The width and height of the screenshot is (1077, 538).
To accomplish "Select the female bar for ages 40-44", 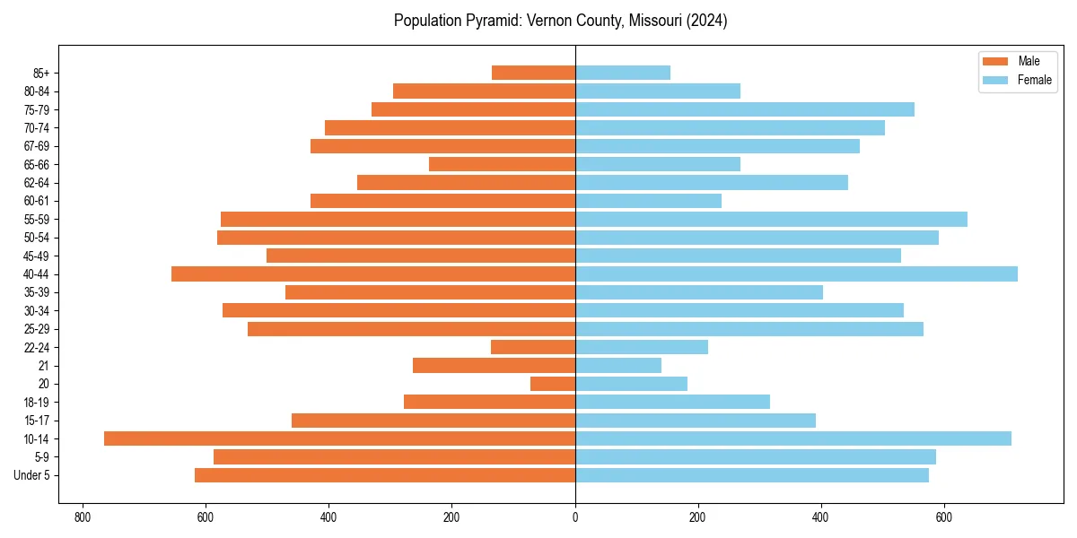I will click(x=796, y=273).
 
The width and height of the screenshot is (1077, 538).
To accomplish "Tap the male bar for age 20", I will click(x=553, y=384).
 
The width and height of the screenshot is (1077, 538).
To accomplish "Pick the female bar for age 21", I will click(x=618, y=365).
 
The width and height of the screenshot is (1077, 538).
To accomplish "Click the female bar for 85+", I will click(x=623, y=73).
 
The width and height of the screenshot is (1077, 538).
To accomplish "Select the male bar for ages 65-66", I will click(x=502, y=164).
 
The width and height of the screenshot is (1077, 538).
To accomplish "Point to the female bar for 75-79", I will click(x=745, y=109).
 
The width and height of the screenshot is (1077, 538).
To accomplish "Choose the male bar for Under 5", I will click(x=385, y=475).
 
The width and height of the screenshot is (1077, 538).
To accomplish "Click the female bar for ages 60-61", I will click(x=648, y=201).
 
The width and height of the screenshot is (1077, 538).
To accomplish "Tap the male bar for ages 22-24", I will click(x=533, y=347).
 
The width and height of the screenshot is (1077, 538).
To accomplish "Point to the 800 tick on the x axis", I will click(x=83, y=517).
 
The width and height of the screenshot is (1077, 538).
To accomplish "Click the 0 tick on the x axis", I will click(x=575, y=517).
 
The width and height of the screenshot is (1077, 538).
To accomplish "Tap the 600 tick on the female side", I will click(x=944, y=517).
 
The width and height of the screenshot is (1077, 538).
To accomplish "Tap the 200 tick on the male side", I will click(x=451, y=517).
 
